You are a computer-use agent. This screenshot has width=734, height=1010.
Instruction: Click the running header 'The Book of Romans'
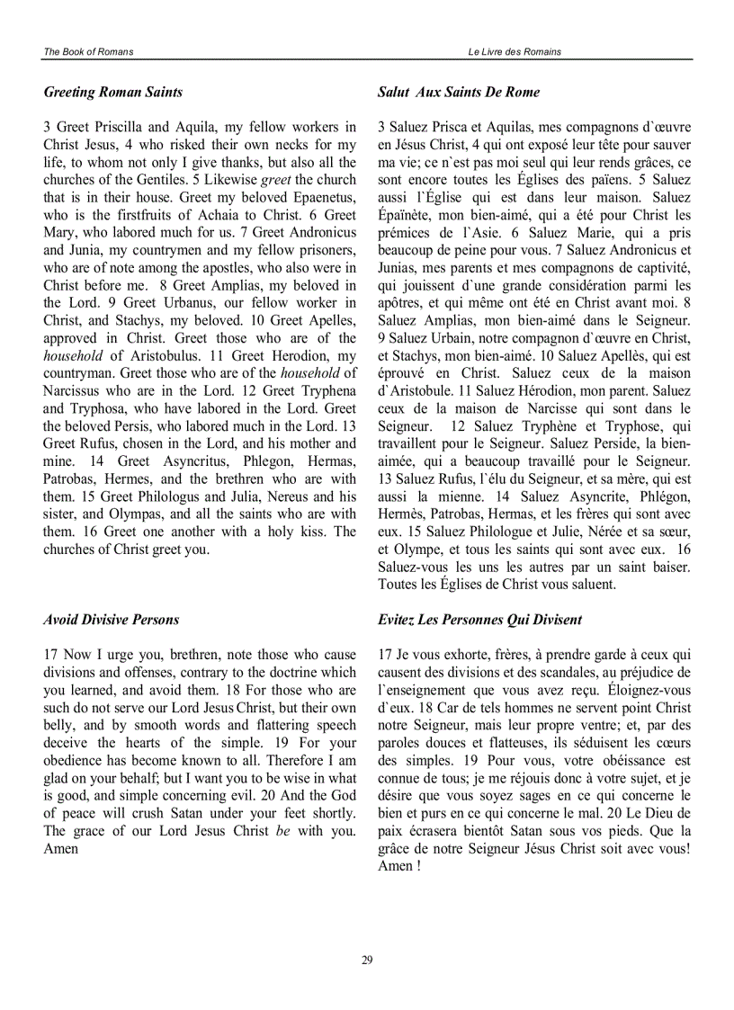pos(88,52)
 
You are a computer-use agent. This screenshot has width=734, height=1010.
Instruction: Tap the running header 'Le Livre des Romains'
pos(515,52)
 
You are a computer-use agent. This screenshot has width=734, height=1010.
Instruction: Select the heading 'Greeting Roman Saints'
pos(112,92)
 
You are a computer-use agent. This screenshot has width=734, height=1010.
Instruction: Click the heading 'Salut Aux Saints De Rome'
pos(459,92)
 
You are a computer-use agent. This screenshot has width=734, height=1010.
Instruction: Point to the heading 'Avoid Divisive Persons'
pos(111,620)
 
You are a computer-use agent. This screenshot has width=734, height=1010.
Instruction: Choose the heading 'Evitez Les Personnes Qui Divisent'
pos(479,620)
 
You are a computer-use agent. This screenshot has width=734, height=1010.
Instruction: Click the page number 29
pos(367,961)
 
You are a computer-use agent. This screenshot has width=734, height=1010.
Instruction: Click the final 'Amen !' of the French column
pos(399,866)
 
